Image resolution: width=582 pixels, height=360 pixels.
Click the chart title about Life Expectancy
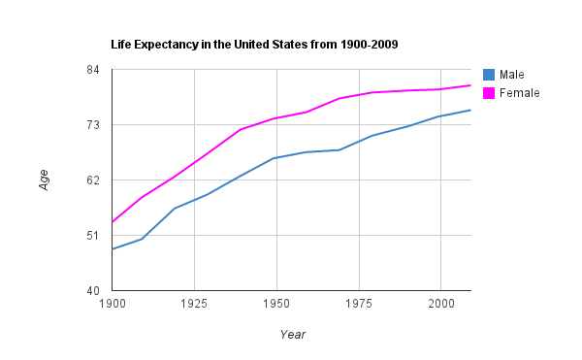click(255, 45)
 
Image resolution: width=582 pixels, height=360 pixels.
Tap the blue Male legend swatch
click(489, 75)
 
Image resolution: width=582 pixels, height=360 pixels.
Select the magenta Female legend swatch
click(489, 93)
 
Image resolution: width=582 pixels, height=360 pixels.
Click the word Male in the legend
click(511, 75)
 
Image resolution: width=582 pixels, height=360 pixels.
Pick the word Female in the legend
click(519, 93)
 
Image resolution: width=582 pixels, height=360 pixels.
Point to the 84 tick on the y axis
click(94, 70)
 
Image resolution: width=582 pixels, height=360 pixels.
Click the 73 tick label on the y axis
click(94, 125)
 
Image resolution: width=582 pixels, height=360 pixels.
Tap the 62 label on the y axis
click(94, 180)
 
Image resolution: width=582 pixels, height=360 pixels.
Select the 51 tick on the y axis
click(94, 236)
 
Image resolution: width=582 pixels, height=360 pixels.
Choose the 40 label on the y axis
click(94, 291)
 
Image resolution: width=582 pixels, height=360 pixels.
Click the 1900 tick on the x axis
click(113, 304)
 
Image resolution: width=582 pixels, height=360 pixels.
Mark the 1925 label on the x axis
click(195, 304)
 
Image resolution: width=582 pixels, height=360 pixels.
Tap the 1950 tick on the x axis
click(276, 304)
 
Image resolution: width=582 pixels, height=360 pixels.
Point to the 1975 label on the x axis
click(359, 304)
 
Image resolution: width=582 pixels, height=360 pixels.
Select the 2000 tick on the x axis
click(440, 304)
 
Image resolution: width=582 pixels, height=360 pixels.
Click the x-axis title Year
click(292, 335)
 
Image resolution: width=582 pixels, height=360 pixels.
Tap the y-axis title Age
click(44, 180)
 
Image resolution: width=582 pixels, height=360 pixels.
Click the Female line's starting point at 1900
click(113, 222)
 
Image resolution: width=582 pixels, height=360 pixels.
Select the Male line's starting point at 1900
click(113, 249)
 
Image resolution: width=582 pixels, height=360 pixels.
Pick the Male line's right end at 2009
click(470, 110)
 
